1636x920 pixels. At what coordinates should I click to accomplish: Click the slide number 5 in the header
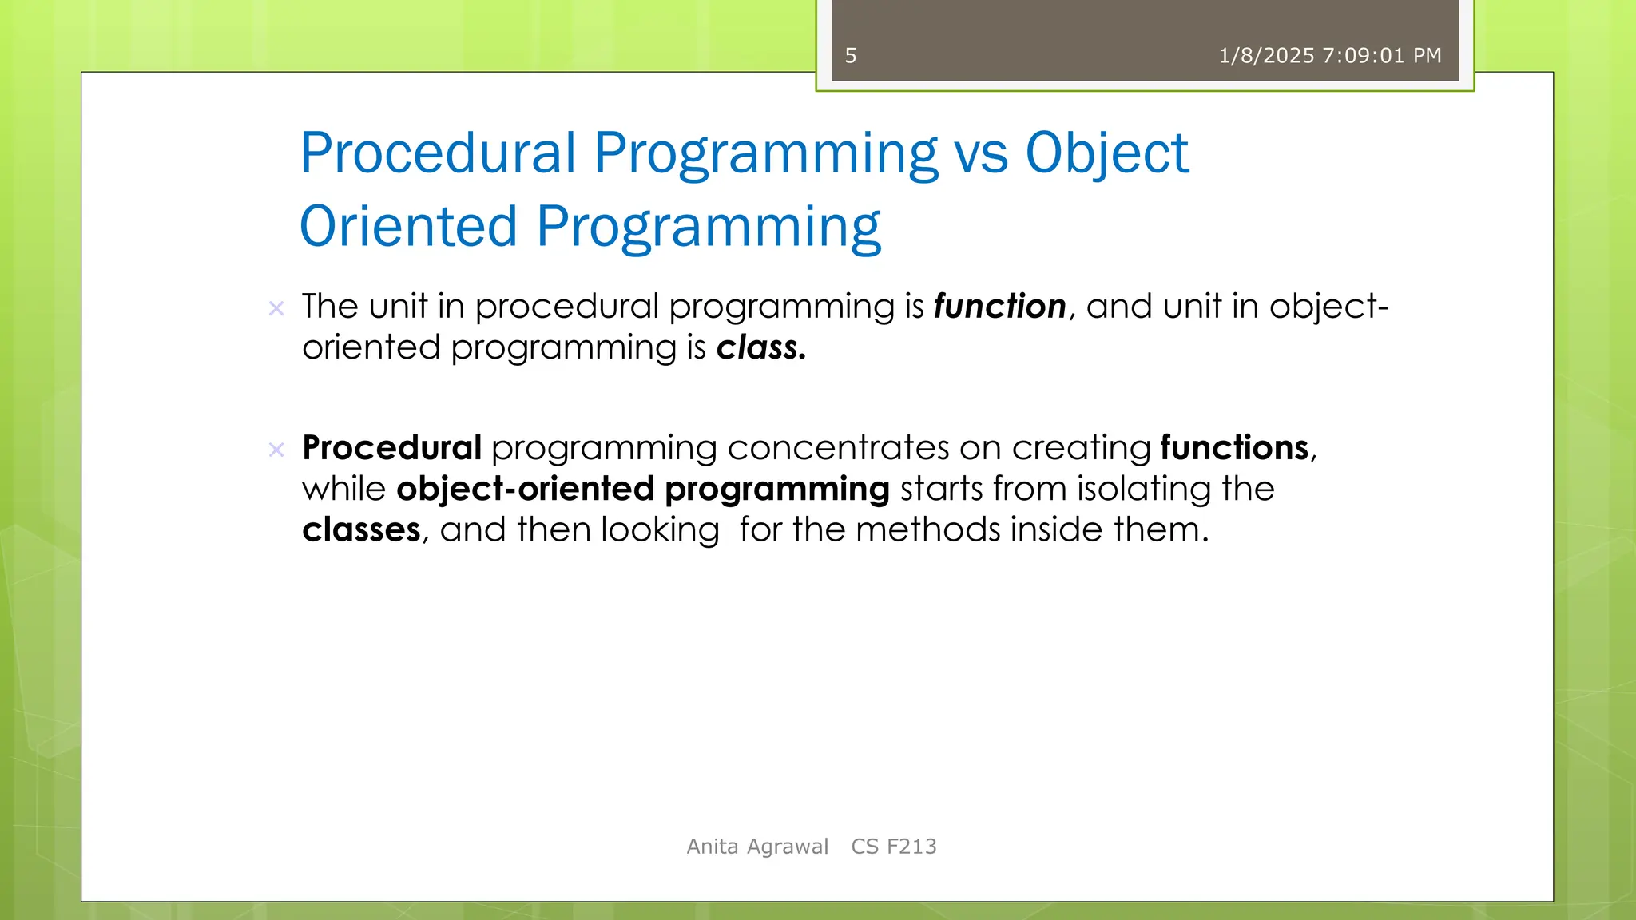coord(850,56)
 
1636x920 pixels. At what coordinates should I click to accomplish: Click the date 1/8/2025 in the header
coord(1266,56)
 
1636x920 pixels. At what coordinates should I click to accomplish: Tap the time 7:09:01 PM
coord(1382,56)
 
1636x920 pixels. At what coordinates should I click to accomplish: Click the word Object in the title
coord(1106,153)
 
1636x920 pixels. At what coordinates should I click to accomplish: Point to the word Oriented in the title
coord(408,226)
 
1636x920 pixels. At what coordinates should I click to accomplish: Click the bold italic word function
coord(999,307)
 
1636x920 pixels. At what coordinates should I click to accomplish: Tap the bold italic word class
coord(760,347)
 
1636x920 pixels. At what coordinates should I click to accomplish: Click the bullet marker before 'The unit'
coord(276,308)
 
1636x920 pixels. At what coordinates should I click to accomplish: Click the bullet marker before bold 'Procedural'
coord(276,450)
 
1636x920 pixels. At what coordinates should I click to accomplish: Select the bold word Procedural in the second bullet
coord(391,447)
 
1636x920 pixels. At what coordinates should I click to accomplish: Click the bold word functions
coord(1234,447)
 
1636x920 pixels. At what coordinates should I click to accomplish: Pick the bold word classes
coord(361,529)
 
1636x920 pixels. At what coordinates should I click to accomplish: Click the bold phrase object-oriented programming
coord(642,489)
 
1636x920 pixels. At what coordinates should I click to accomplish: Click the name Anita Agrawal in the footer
coord(757,847)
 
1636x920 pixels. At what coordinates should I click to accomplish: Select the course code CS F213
coord(893,847)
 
